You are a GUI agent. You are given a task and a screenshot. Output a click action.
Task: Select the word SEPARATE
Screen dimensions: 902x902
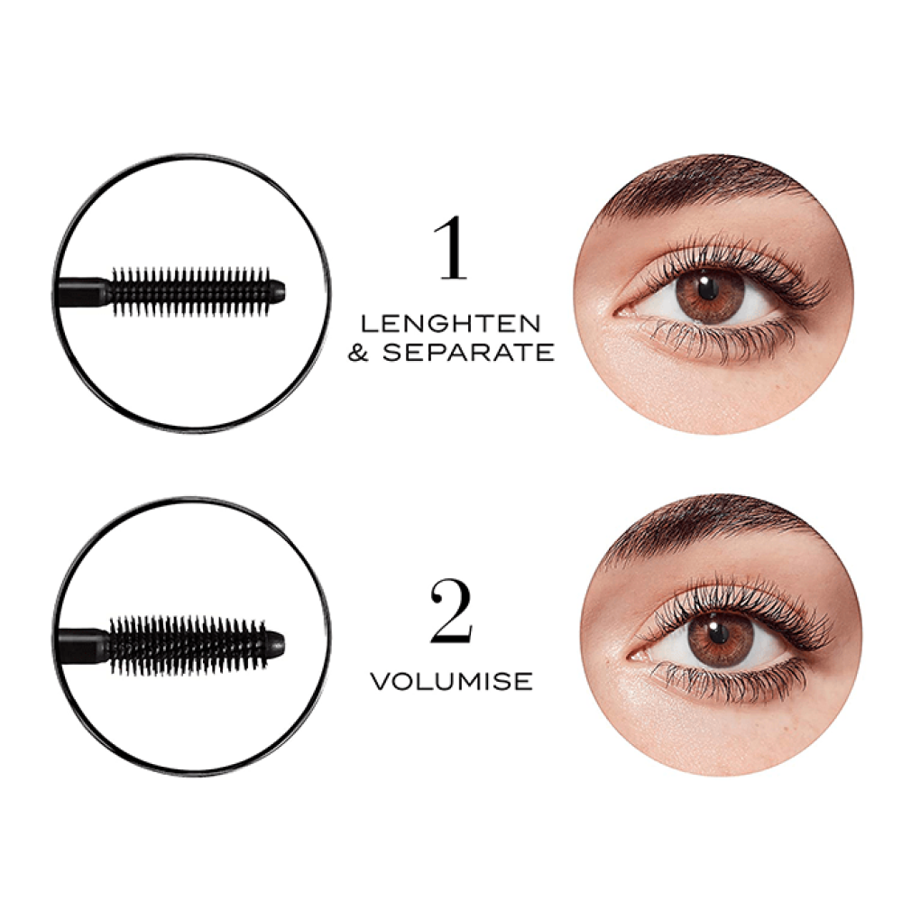click(x=467, y=353)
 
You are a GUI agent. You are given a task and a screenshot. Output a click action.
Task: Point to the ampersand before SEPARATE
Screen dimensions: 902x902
click(x=359, y=353)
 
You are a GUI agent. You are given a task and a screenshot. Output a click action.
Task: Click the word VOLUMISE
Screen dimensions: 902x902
click(x=452, y=681)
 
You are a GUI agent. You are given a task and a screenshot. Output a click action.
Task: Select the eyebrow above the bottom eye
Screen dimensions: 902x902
click(x=704, y=523)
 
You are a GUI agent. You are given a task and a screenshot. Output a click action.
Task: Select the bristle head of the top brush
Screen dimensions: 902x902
click(x=189, y=290)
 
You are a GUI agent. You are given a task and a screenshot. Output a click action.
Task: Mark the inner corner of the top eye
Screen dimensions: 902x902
click(x=621, y=312)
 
